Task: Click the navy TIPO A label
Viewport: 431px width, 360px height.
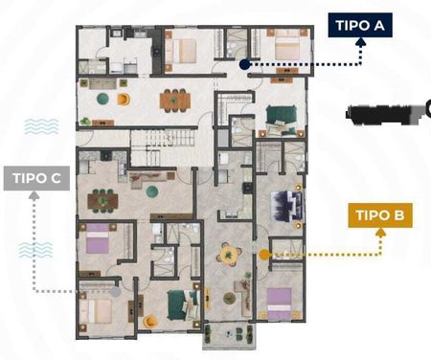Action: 360,25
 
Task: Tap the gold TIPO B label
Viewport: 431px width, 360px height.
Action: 380,215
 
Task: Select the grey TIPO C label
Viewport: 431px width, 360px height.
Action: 36,178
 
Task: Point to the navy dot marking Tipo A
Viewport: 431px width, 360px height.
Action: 244,64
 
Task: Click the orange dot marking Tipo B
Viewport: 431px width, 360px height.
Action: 264,255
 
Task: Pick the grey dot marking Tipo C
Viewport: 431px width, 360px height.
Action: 116,291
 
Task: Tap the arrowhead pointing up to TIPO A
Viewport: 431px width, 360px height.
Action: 361,41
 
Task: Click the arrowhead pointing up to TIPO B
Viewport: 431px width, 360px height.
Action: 380,232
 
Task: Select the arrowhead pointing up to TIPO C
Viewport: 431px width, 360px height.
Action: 34,194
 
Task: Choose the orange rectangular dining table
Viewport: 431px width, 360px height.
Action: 175,101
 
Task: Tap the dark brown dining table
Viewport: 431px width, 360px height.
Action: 102,201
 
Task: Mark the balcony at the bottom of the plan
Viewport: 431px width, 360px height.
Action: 229,336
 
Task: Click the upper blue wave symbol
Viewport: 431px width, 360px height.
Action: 41,126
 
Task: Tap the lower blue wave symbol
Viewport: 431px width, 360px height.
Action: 35,250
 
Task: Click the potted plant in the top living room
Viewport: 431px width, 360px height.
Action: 85,122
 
